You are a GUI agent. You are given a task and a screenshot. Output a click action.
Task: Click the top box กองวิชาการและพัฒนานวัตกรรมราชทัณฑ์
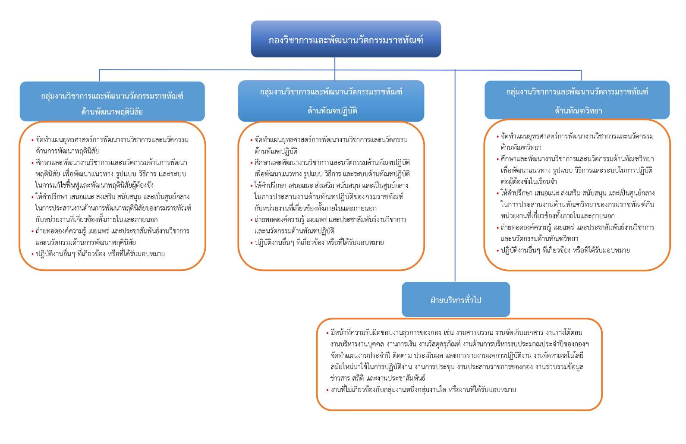click(346, 39)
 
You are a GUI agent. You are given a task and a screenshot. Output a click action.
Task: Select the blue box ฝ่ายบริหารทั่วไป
click(456, 299)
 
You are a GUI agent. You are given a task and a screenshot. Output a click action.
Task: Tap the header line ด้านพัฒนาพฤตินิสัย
click(112, 112)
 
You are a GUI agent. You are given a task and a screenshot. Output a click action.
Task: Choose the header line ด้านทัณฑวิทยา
click(578, 110)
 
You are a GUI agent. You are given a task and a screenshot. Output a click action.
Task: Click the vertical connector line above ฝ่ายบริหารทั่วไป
click(455, 173)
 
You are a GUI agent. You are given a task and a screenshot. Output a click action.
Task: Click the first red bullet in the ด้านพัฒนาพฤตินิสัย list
click(32, 140)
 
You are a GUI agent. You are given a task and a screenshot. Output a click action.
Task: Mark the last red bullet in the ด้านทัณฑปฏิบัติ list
click(252, 243)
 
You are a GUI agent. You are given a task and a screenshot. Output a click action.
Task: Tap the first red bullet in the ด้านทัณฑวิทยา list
click(497, 137)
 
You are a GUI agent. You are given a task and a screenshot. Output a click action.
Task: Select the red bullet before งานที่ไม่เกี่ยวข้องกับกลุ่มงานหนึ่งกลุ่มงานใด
click(327, 390)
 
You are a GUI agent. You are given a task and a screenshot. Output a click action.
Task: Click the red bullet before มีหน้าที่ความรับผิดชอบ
click(327, 333)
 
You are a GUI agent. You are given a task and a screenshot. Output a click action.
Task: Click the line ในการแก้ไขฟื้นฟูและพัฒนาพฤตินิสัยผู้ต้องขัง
click(94, 186)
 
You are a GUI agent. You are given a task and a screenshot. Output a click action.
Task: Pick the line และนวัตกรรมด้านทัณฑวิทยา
click(539, 239)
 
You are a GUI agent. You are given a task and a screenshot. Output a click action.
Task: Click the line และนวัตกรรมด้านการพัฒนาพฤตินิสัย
click(85, 242)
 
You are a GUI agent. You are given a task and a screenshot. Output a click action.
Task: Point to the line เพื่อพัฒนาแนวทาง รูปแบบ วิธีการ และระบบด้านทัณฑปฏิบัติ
click(332, 174)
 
